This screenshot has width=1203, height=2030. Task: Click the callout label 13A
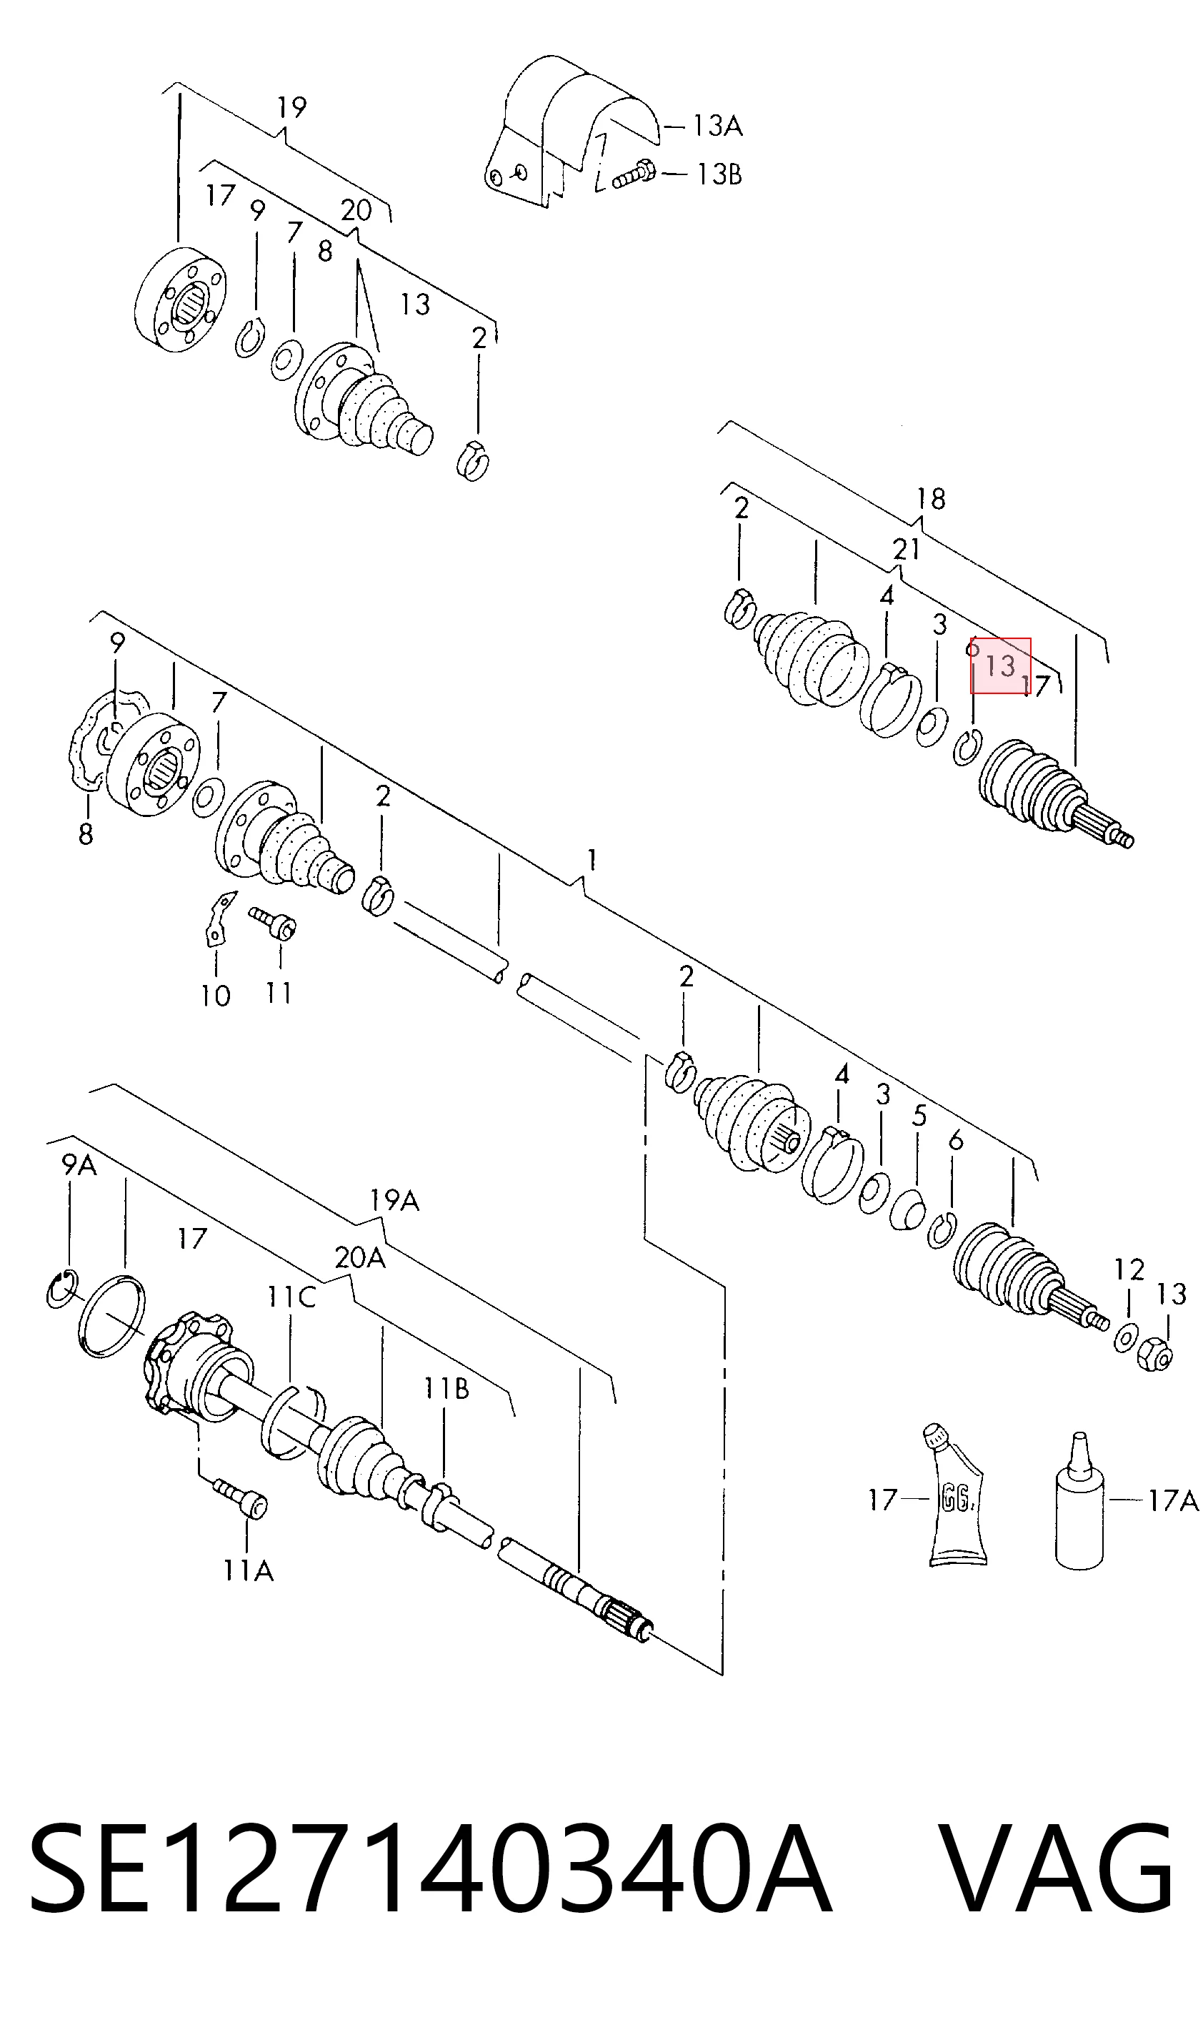tap(717, 126)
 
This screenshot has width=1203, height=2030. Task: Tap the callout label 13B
tap(719, 174)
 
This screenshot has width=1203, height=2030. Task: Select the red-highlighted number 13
tap(1000, 666)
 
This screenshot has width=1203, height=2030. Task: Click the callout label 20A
tap(360, 1257)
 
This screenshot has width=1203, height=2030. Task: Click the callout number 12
tap(1129, 1269)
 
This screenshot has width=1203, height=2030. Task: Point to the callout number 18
tap(932, 498)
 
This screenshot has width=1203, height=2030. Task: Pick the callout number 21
tap(907, 549)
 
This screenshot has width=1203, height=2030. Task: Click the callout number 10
tap(216, 996)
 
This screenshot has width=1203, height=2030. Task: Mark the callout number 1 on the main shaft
tap(593, 859)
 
